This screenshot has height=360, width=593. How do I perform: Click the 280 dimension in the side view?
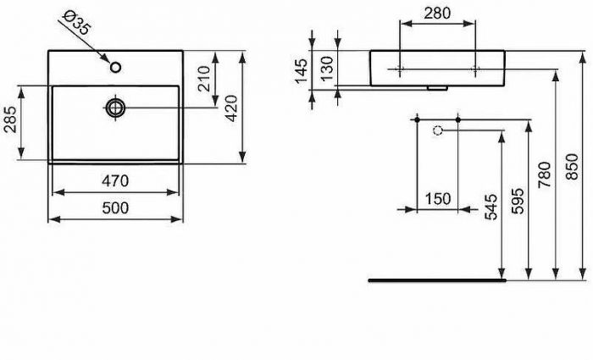click(x=438, y=14)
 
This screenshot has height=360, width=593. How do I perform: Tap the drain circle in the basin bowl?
click(x=116, y=107)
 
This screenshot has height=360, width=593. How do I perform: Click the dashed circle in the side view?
click(x=438, y=130)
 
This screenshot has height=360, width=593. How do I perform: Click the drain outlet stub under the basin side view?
click(x=437, y=87)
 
